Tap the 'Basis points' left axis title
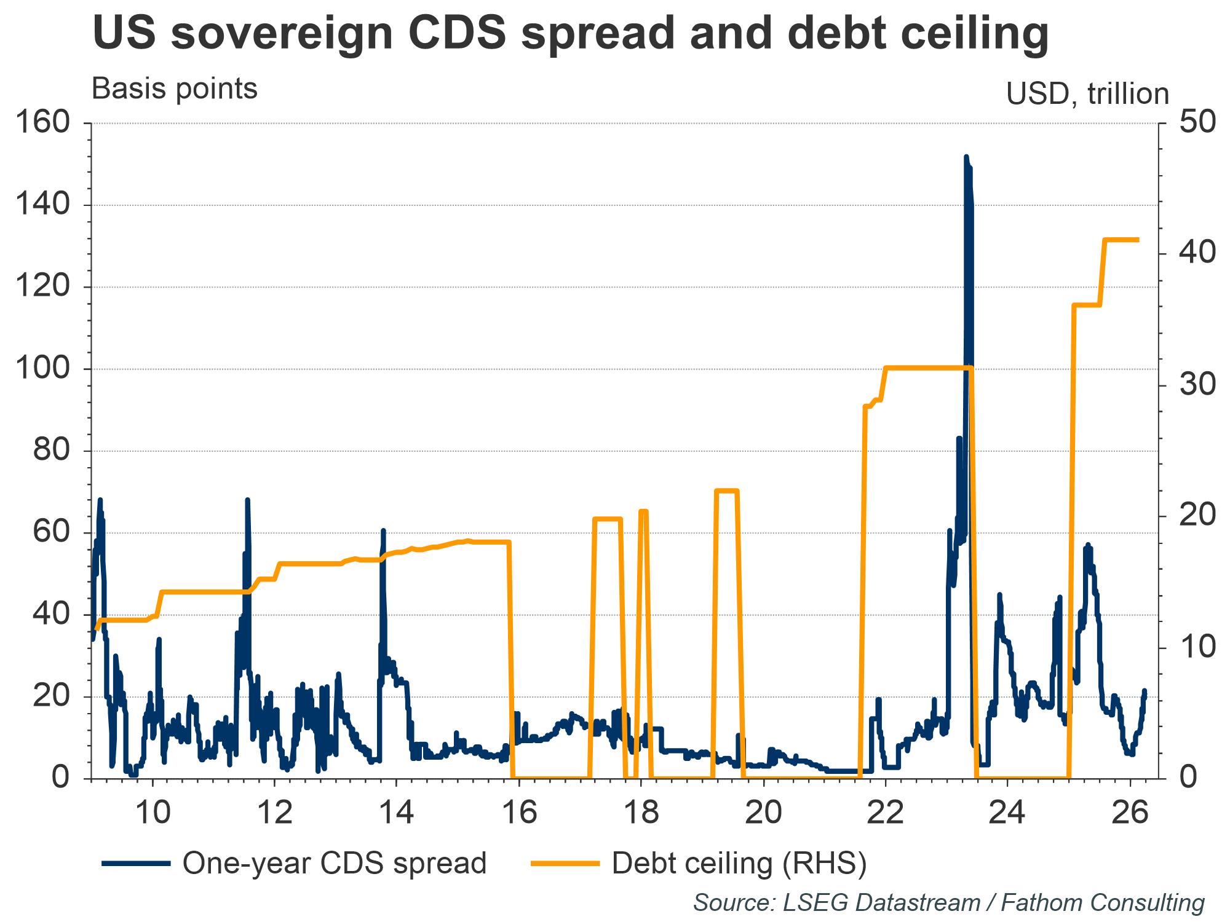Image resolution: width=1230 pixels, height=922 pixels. coord(175,90)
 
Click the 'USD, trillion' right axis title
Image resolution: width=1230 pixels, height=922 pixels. coord(1087,95)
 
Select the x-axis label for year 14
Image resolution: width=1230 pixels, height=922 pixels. coord(396,813)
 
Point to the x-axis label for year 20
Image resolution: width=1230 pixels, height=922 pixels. coord(763,813)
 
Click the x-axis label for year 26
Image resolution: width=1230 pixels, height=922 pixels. coord(1130,813)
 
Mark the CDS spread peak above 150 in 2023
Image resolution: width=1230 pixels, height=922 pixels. coord(966,157)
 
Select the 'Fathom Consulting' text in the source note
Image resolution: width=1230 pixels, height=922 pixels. coord(1103,903)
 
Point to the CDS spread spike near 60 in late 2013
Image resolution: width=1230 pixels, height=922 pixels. coord(383,530)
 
